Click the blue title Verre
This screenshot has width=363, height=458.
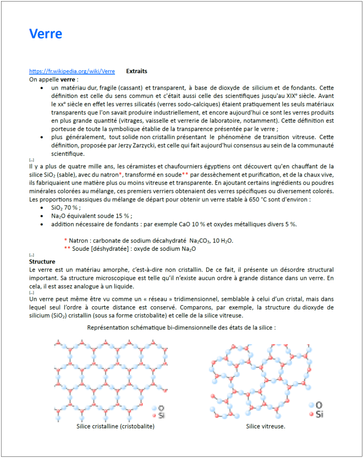point(46,34)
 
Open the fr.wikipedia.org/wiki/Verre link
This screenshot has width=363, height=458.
point(72,71)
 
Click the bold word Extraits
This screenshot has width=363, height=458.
point(136,71)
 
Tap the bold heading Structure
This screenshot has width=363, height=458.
point(42,262)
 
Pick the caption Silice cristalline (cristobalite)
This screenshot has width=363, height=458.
point(116,426)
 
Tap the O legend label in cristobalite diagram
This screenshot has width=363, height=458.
point(161,408)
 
